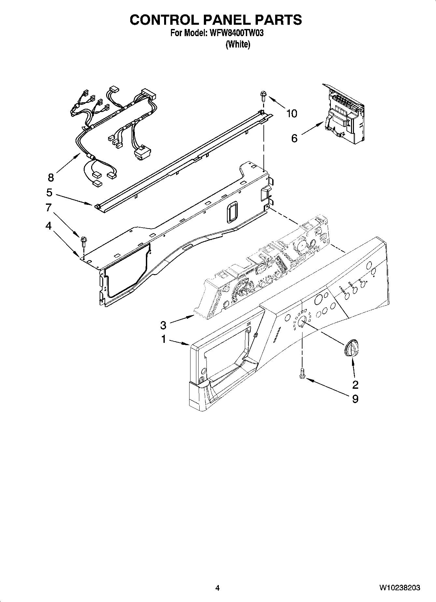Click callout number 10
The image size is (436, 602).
(x=291, y=114)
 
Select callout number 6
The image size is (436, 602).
(x=294, y=138)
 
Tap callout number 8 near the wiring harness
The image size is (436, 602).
(x=50, y=177)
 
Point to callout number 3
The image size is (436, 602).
(x=163, y=325)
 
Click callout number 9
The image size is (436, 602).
(x=355, y=399)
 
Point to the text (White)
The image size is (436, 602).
(x=238, y=44)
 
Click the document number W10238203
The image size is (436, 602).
(x=399, y=588)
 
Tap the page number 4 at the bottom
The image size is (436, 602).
(x=217, y=588)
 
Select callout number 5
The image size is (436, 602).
(x=49, y=193)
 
